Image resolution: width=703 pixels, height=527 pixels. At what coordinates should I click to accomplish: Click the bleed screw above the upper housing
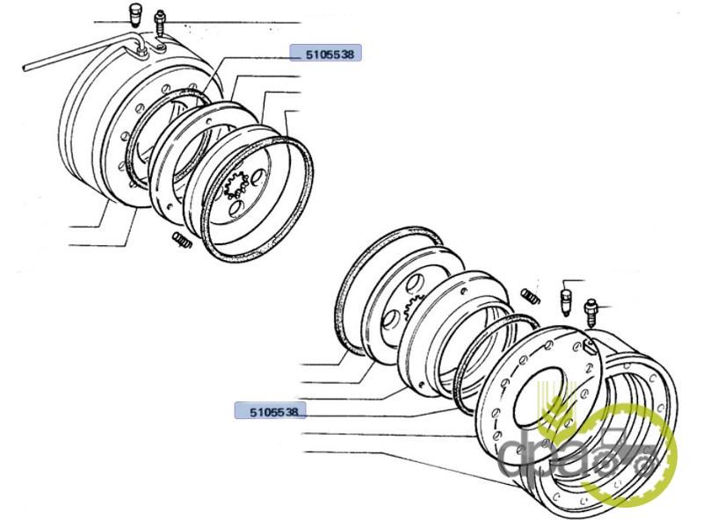tap(161, 24)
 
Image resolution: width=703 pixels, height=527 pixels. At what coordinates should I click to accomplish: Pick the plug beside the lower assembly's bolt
tap(566, 300)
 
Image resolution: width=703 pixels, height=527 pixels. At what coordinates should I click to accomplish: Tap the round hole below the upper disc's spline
tap(236, 208)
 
